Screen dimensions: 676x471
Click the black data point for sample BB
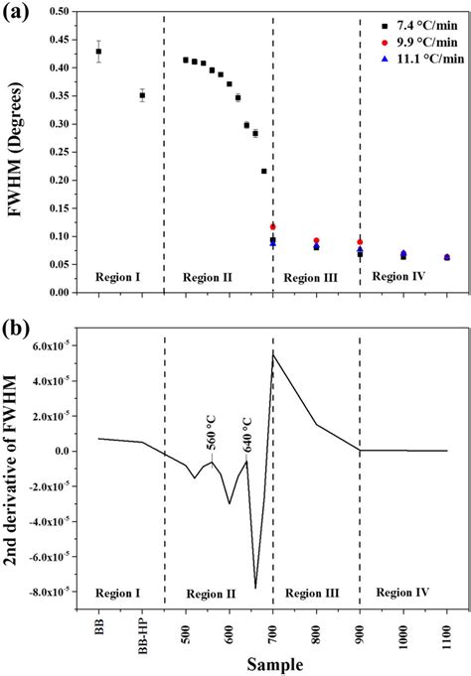pyautogui.click(x=98, y=52)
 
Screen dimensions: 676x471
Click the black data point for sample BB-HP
pyautogui.click(x=142, y=95)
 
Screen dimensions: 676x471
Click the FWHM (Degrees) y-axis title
pyautogui.click(x=13, y=151)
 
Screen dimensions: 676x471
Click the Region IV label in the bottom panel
pyautogui.click(x=401, y=593)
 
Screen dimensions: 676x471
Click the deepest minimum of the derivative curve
pyautogui.click(x=255, y=588)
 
